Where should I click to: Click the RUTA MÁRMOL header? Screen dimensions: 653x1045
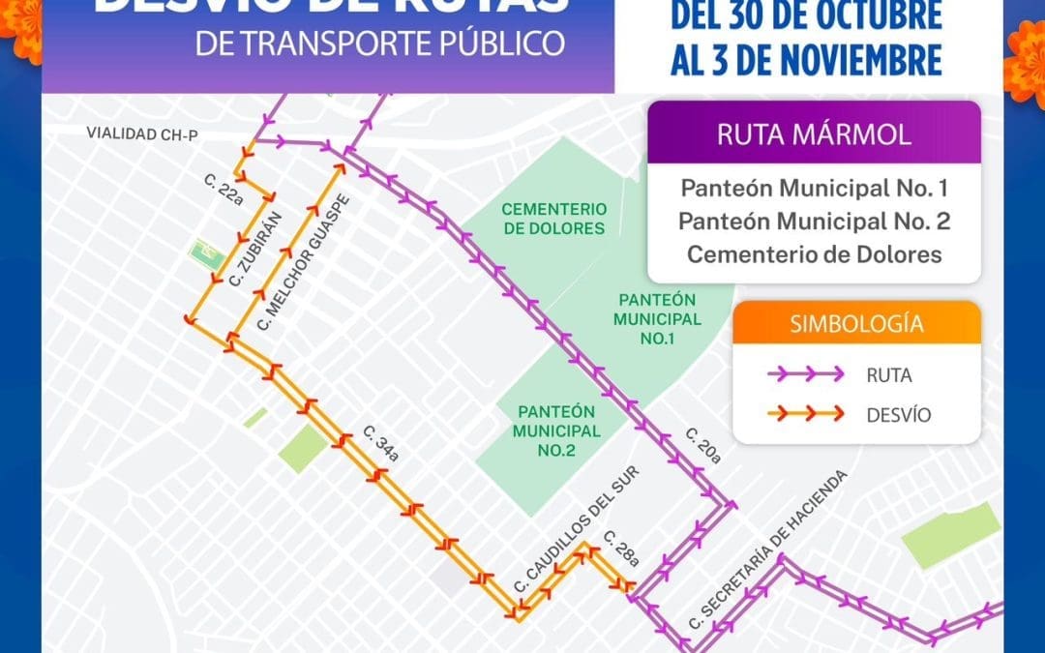point(814,134)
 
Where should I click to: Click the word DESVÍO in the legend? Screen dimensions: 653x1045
point(900,415)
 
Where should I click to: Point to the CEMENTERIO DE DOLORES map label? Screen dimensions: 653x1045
point(553,219)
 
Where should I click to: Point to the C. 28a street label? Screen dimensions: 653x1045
point(620,548)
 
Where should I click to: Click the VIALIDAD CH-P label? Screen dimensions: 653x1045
point(141,134)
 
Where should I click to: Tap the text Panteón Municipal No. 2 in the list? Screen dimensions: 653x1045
point(814,221)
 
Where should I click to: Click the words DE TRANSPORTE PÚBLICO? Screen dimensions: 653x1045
point(379,45)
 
